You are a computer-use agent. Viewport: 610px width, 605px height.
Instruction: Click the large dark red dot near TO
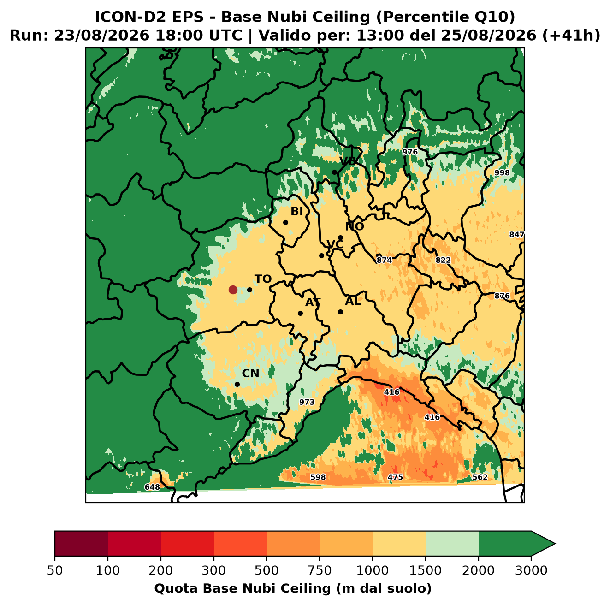click(233, 290)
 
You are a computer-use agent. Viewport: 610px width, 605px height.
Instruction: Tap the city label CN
click(250, 373)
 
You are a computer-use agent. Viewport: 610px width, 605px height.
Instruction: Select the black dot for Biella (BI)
click(285, 222)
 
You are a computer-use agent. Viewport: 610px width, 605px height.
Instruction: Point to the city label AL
click(353, 301)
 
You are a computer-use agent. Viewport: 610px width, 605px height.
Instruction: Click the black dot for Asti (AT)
click(300, 313)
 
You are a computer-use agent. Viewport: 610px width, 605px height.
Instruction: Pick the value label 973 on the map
click(307, 402)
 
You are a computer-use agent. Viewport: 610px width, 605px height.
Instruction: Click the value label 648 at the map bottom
click(152, 487)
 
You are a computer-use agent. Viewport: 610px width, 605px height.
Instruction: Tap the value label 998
click(502, 172)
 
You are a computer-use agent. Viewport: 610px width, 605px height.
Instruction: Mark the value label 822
click(443, 260)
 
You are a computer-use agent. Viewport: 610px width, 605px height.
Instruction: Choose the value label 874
click(384, 260)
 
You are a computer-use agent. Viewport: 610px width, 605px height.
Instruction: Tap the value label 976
click(410, 152)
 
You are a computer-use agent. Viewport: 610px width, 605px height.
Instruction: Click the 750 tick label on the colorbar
click(319, 570)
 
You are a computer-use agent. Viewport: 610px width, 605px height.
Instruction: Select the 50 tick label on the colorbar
click(55, 570)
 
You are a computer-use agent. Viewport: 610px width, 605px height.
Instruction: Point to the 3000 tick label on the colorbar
click(531, 570)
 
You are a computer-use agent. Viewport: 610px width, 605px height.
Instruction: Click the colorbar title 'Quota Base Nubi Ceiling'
click(243, 588)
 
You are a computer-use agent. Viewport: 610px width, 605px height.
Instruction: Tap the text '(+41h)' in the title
click(571, 35)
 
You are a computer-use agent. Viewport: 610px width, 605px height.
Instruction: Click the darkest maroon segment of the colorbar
click(81, 543)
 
